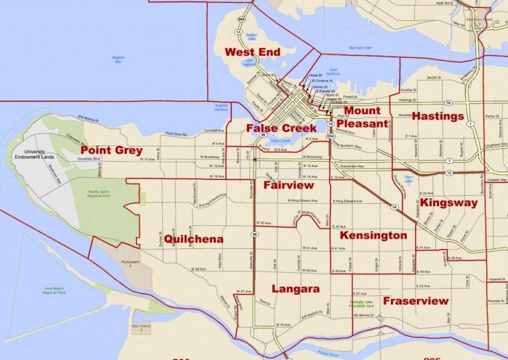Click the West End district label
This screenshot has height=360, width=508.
click(252, 52)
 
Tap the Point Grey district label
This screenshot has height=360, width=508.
click(112, 150)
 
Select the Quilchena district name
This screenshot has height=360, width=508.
click(193, 239)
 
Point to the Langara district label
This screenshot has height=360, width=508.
click(296, 289)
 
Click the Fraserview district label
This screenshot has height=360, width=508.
click(415, 301)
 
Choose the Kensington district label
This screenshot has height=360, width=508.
click(373, 236)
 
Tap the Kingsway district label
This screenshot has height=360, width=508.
click(449, 203)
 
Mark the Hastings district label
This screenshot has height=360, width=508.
click(438, 116)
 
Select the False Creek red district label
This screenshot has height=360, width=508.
click(282, 128)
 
